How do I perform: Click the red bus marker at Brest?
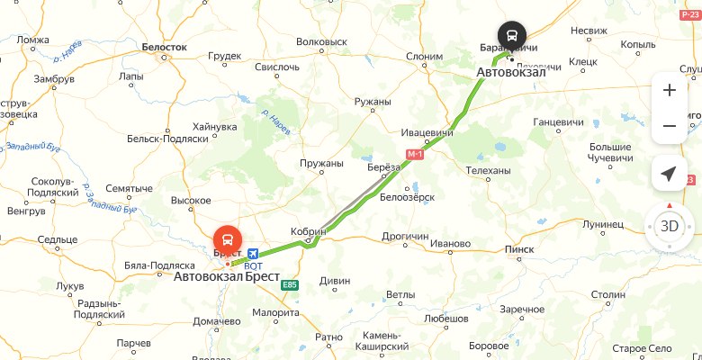(227, 240)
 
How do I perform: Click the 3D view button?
(670, 226)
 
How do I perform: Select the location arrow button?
(670, 175)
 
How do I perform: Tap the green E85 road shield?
(289, 285)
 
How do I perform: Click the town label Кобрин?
(308, 231)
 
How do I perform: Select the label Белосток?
(165, 46)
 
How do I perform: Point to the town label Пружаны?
(322, 164)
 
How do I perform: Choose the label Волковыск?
(321, 41)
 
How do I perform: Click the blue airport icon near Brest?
(253, 256)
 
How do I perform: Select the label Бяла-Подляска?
(159, 266)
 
